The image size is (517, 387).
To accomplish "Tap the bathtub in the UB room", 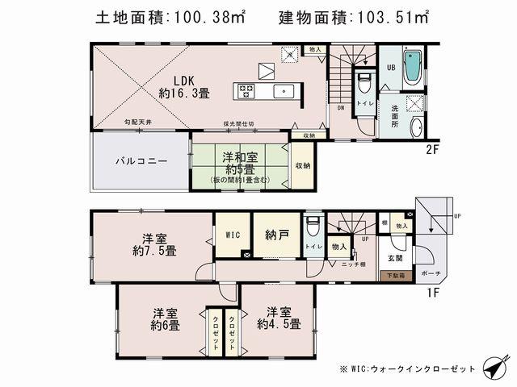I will click(x=411, y=68).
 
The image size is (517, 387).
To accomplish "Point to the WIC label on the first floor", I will click(x=233, y=235).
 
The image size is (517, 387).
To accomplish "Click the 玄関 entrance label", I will click(x=394, y=258).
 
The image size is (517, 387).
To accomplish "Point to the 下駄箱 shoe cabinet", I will click(x=394, y=276).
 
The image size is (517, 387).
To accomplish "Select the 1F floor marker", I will click(x=434, y=292).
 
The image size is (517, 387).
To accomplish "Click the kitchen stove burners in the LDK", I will click(x=246, y=90).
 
